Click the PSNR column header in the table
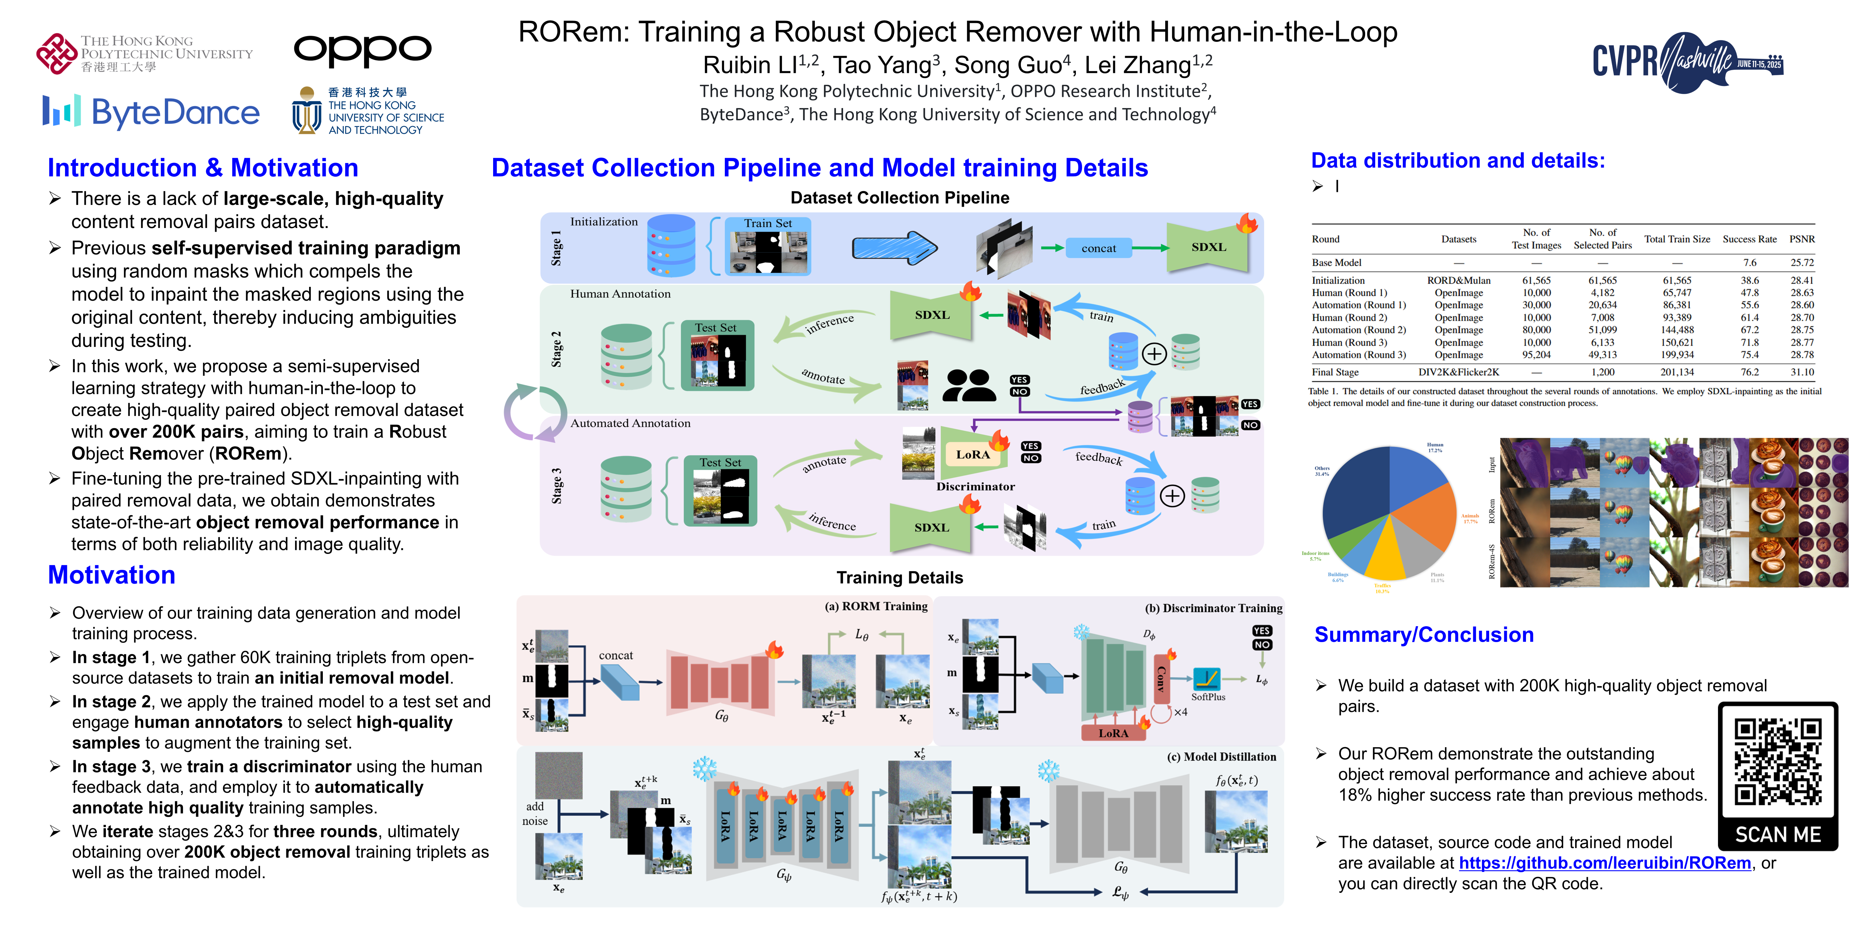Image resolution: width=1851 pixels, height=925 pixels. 1801,239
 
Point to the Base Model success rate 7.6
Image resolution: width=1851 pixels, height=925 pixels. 1750,263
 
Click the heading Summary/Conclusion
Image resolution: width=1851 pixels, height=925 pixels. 1423,635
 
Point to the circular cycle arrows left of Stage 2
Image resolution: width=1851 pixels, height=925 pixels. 535,413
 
